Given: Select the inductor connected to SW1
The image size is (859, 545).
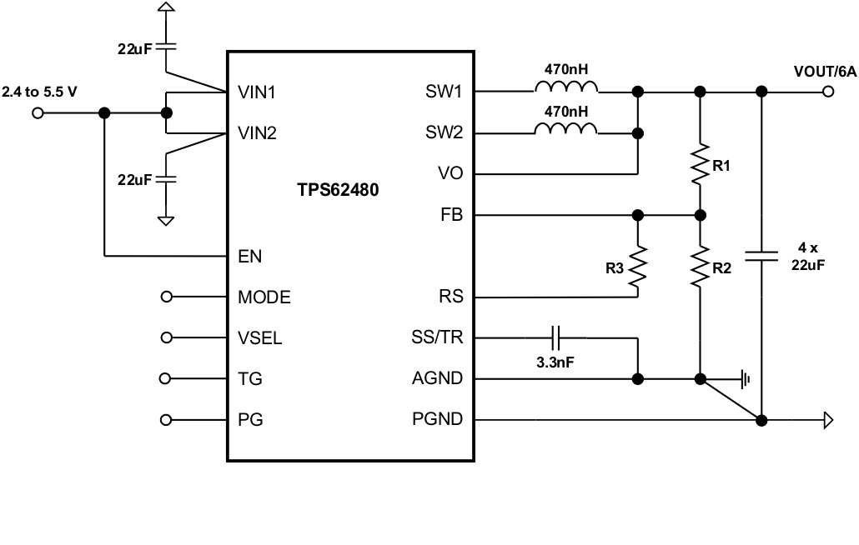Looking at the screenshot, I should pos(565,89).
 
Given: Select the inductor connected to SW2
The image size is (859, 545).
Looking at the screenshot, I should pos(565,130).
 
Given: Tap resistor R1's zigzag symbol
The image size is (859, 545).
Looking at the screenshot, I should pos(700,165).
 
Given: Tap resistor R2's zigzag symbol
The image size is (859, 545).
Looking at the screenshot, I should pos(700,265).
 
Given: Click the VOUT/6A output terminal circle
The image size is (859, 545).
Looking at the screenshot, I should pos(827,91).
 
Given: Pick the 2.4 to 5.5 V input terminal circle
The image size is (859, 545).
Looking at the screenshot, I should pos(37,113).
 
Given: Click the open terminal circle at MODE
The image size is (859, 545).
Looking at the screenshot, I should pos(166,297).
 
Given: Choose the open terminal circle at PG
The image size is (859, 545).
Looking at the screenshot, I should pos(166,420).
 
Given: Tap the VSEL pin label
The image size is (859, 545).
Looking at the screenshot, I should pos(259,337).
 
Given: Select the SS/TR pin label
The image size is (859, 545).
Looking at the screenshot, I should pos(439,337).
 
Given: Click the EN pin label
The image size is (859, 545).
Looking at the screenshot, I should pos(249,257).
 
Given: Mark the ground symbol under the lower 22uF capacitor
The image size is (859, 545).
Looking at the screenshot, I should pos(166,220).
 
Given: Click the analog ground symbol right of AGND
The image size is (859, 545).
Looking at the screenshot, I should pos(745,379).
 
